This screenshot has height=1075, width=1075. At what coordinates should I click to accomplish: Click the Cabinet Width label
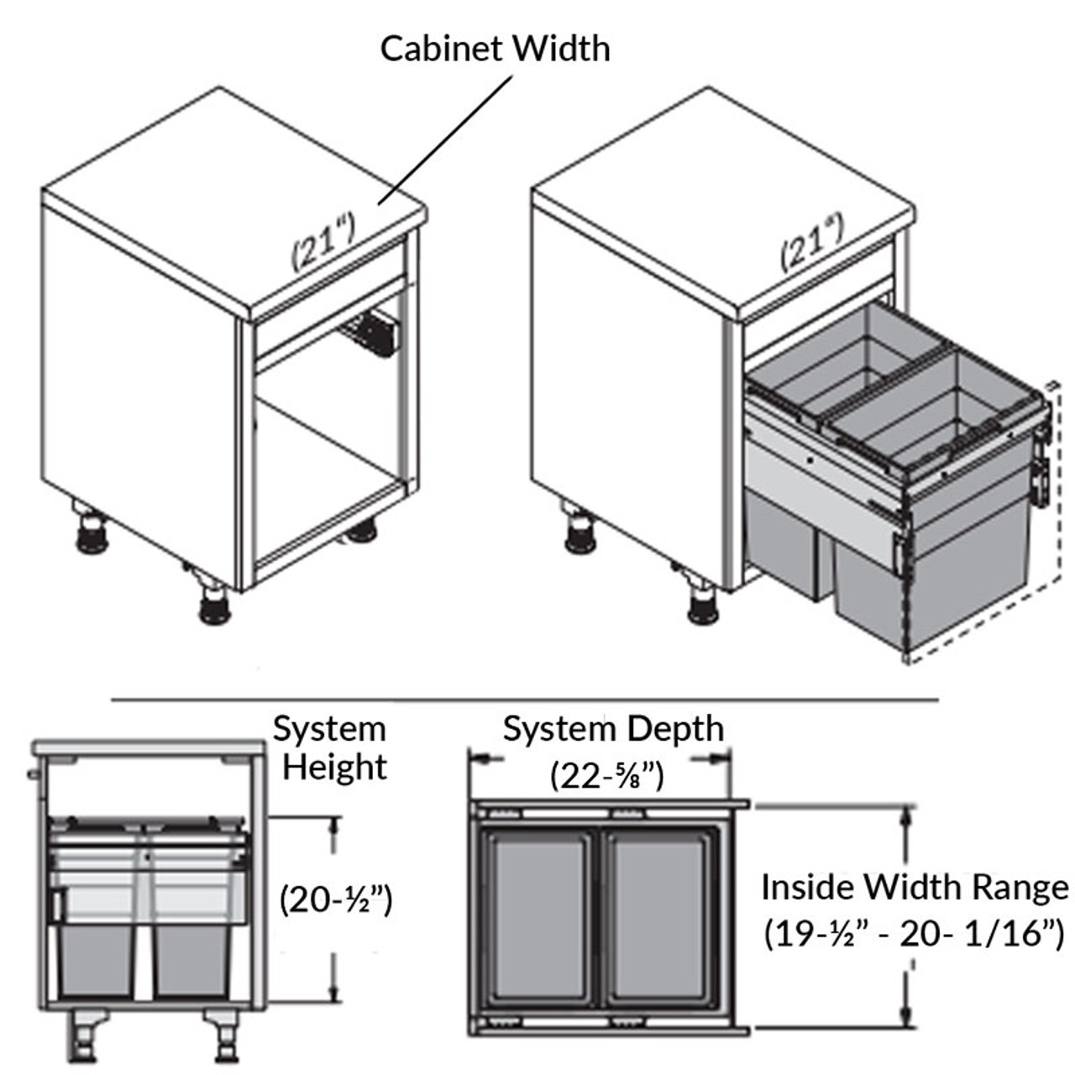[495, 49]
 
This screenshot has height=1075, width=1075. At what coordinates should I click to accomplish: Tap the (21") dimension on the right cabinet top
[812, 242]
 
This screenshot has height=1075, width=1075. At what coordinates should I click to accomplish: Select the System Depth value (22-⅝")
[607, 774]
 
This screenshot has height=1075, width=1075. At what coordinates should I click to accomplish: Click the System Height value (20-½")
[336, 899]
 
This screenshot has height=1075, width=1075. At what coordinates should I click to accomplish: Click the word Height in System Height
[334, 767]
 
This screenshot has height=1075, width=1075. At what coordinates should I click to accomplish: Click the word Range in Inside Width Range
[1020, 887]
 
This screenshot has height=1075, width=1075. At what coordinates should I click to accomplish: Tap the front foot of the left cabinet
[215, 606]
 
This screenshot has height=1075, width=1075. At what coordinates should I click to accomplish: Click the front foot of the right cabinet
[703, 606]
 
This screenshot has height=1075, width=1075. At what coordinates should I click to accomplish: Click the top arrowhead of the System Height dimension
[335, 823]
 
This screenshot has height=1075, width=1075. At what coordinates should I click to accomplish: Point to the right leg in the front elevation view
[224, 1037]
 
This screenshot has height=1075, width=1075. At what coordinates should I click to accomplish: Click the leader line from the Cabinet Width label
[445, 139]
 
